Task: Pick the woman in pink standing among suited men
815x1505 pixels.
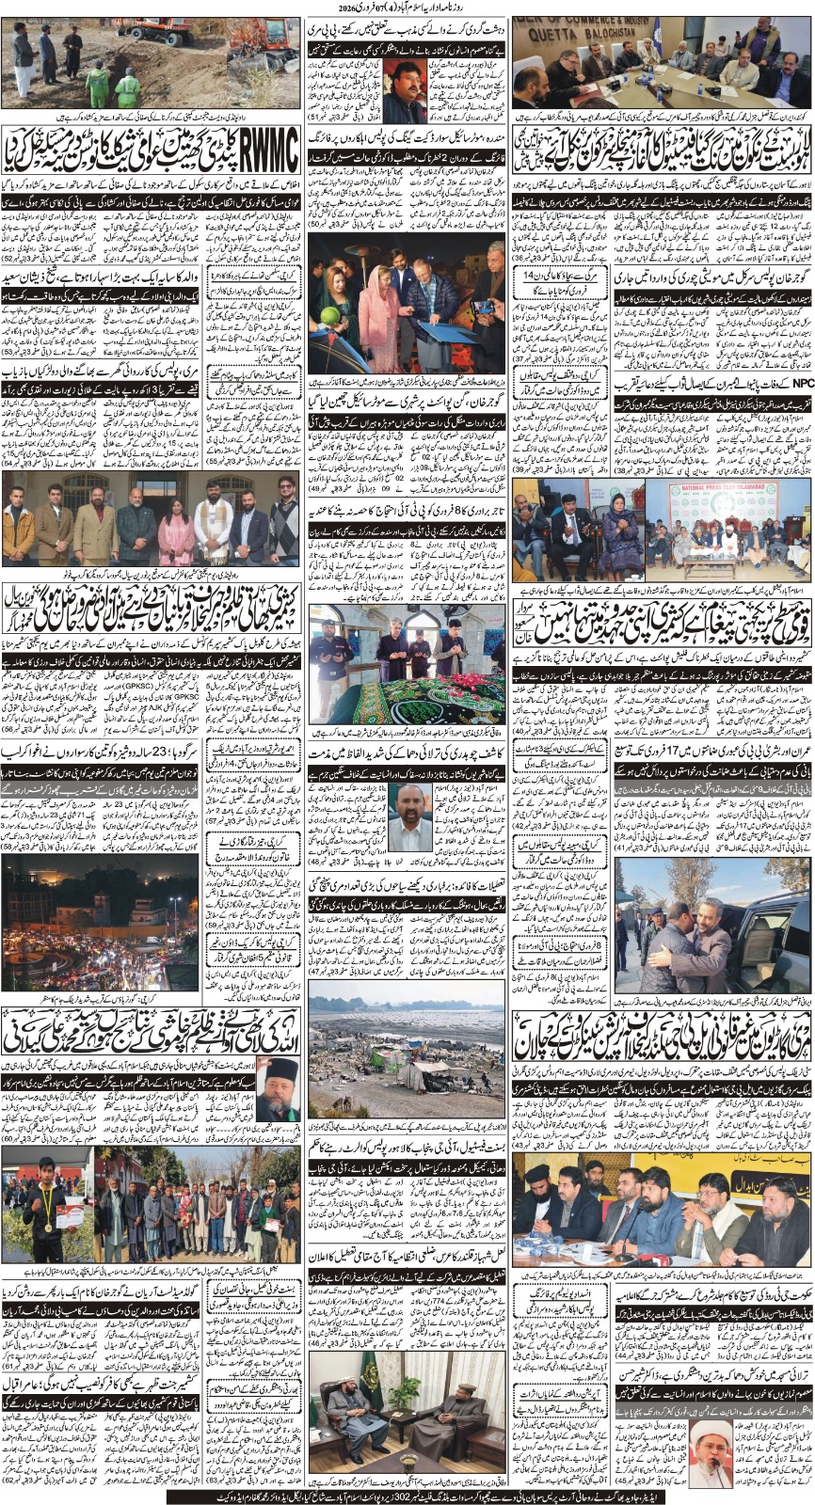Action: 176,528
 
